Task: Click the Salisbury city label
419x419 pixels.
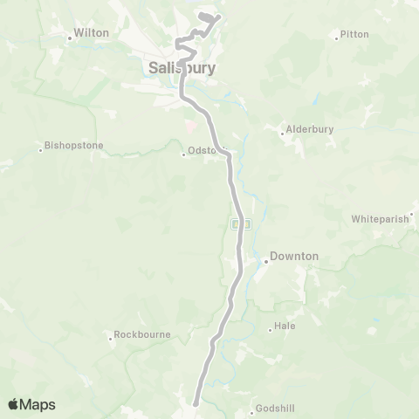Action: coord(182,68)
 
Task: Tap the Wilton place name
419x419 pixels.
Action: coord(92,32)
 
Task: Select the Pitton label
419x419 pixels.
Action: coord(355,34)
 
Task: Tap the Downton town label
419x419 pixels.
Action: coord(294,257)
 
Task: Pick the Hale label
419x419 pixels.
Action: coord(285,326)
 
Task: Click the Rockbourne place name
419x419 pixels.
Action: coord(141,334)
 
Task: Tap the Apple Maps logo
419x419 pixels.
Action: coord(31,404)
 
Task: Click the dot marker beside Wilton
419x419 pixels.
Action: coord(70,38)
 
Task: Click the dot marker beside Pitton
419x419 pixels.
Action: coord(337,37)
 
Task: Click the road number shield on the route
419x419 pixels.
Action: coord(242,224)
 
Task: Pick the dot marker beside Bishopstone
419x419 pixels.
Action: coord(40,149)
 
